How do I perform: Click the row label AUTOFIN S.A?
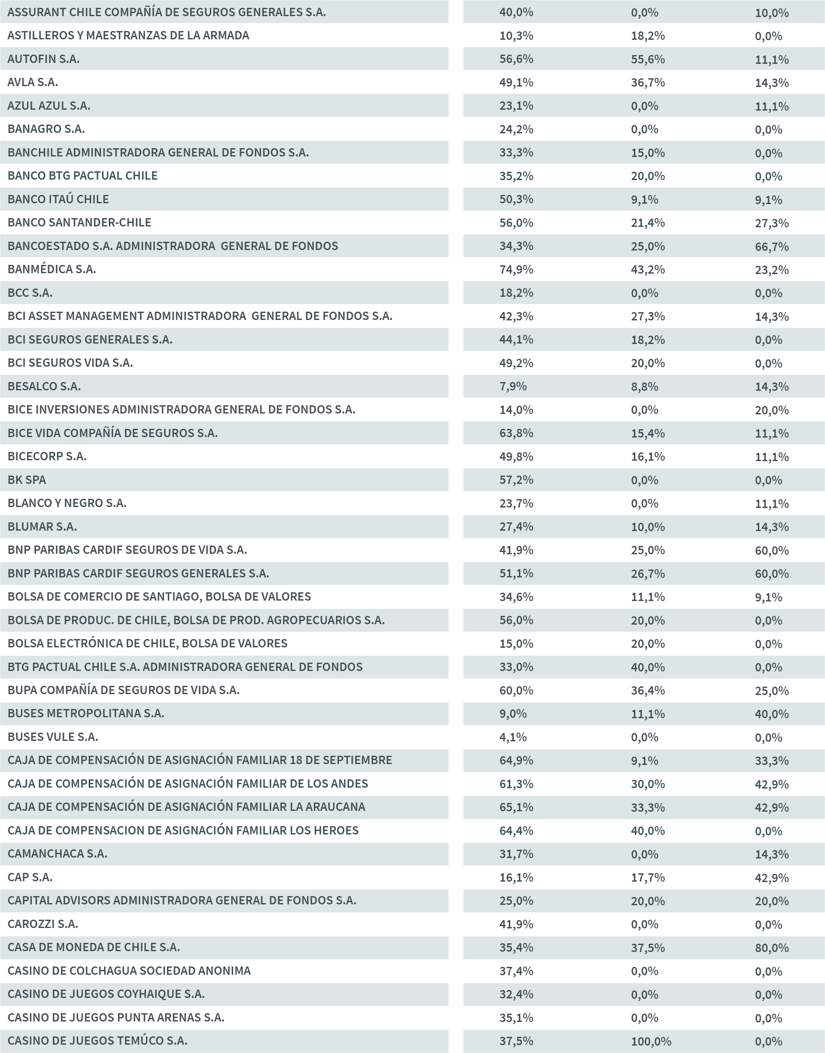point(43,59)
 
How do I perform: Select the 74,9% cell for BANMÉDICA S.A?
point(516,269)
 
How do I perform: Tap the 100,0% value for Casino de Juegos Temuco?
point(651,1041)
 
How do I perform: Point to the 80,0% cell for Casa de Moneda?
point(771,948)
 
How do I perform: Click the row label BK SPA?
point(27,480)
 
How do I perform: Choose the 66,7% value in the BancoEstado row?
point(771,247)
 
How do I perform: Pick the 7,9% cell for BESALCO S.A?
point(512,386)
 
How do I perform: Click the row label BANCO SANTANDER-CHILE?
point(79,222)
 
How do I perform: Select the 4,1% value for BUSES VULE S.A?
point(512,737)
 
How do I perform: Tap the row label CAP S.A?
point(30,877)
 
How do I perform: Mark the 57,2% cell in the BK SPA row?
point(516,480)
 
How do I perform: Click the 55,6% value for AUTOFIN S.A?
point(647,59)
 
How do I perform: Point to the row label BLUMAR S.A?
point(42,527)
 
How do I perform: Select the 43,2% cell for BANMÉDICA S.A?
point(647,269)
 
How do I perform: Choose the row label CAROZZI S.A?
point(42,924)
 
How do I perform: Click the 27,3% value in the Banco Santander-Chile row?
point(771,223)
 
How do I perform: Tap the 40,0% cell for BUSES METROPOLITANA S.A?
point(771,714)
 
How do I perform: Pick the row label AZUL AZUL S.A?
point(49,106)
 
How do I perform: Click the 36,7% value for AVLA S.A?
point(647,83)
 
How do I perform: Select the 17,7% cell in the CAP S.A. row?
point(647,877)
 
